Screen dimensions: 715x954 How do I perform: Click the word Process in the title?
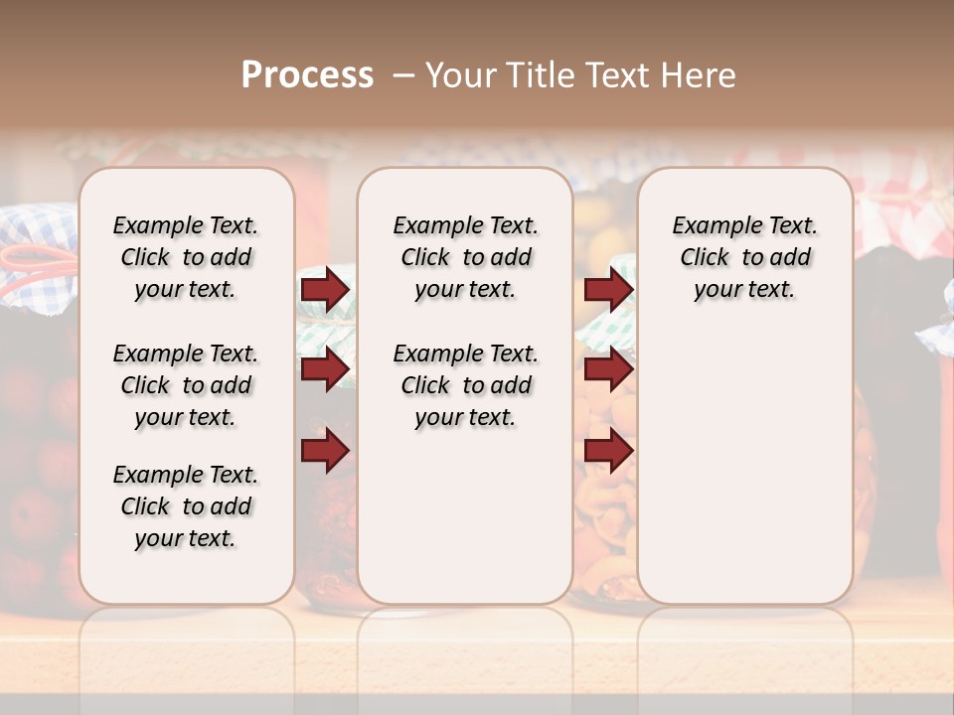tap(307, 75)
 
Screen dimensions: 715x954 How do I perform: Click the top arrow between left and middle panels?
tap(325, 289)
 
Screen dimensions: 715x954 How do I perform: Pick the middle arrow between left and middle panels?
tap(325, 369)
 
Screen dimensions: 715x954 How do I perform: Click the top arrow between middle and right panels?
tap(608, 289)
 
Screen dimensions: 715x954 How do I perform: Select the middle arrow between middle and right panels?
tap(608, 369)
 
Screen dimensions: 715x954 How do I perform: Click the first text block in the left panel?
tap(186, 257)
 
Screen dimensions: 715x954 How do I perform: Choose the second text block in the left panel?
tap(186, 385)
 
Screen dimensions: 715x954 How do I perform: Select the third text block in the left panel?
tap(186, 506)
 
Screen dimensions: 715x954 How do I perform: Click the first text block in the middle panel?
tap(465, 257)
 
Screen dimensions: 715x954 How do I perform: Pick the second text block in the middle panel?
tap(465, 385)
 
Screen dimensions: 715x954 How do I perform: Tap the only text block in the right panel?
tap(744, 257)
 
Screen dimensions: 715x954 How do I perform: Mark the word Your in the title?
tap(460, 75)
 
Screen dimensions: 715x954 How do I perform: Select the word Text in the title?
tap(617, 75)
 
